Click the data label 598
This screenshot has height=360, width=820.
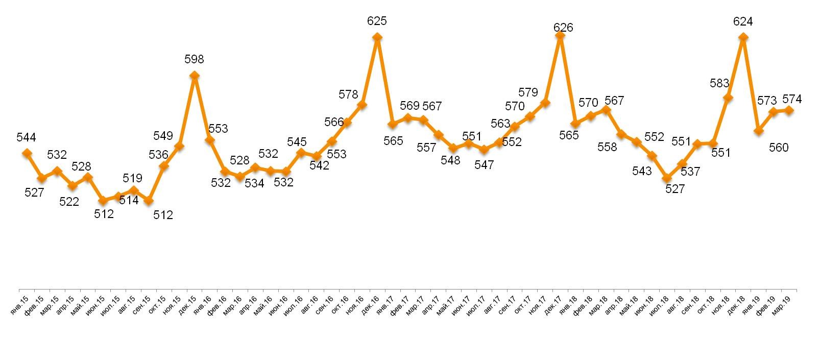(x=194, y=60)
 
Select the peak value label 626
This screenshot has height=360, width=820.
(x=563, y=28)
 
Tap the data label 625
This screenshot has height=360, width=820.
(x=377, y=21)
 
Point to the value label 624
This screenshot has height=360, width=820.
(x=743, y=21)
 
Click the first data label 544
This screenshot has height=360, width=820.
(x=26, y=137)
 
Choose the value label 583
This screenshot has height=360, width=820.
(x=719, y=83)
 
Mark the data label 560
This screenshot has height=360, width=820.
(x=779, y=148)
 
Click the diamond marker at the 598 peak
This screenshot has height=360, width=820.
(x=194, y=76)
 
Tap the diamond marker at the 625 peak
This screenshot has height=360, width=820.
(x=377, y=37)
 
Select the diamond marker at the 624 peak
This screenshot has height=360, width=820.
(x=743, y=37)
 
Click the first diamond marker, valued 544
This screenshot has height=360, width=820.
(x=27, y=153)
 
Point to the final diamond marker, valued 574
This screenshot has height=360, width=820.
(x=789, y=110)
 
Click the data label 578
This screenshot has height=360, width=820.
(x=349, y=94)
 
